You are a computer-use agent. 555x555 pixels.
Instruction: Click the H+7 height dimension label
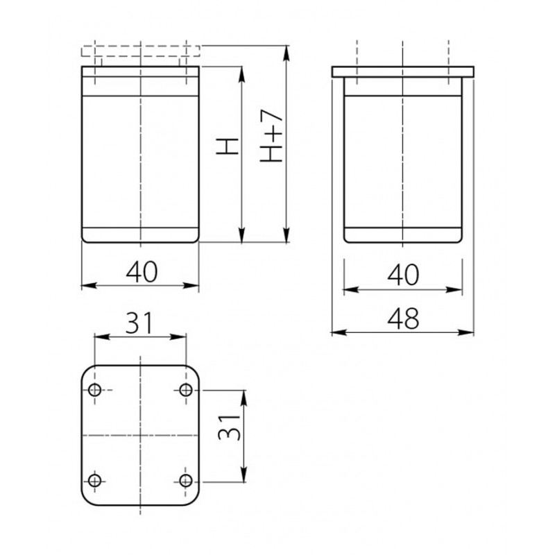pos(272,135)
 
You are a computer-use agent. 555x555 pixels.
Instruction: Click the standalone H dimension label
pos(228,146)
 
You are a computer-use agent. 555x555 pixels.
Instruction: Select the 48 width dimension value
pos(403,318)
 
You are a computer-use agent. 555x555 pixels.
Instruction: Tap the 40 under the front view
pos(142,272)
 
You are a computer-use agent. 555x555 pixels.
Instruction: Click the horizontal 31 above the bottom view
pos(139,323)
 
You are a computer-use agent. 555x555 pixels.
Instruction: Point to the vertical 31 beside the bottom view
pos(230,427)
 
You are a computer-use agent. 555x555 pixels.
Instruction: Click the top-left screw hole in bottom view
pos(94,390)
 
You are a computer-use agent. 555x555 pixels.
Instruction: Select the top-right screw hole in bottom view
pos(186,390)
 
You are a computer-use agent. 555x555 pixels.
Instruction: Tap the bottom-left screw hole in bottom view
pos(94,481)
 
